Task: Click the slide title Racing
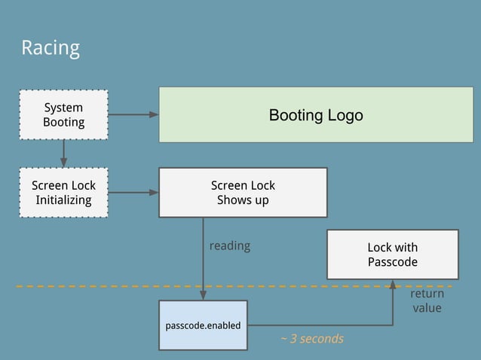[50, 48]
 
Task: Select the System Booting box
[63, 114]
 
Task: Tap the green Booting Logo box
[315, 115]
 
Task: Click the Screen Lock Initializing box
[63, 193]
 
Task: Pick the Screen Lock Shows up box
[242, 193]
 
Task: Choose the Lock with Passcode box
[392, 255]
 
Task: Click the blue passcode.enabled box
[203, 325]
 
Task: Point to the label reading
[229, 246]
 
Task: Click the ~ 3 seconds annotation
[311, 339]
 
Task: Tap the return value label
[426, 301]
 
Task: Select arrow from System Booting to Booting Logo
[133, 114]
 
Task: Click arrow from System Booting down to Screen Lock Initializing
[63, 154]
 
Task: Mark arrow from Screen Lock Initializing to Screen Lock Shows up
[133, 193]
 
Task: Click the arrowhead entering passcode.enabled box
[203, 295]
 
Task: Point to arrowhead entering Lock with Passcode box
[392, 285]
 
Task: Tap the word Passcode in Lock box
[392, 262]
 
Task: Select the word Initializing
[63, 200]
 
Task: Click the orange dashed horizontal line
[113, 286]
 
